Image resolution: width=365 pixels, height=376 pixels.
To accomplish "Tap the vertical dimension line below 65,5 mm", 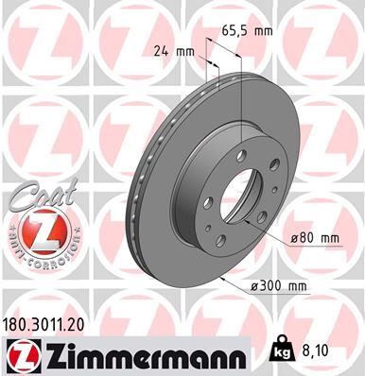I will pos(243,94).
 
